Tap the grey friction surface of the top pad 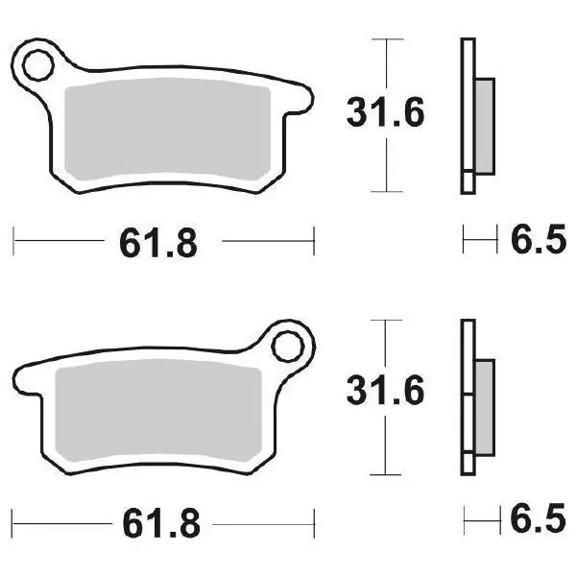pyautogui.click(x=167, y=129)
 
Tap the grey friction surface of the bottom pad pyautogui.click(x=158, y=410)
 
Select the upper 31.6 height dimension pyautogui.click(x=385, y=112)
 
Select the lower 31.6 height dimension pyautogui.click(x=385, y=391)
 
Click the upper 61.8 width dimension pyautogui.click(x=158, y=243)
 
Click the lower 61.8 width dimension pyautogui.click(x=161, y=523)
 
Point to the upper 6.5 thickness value pyautogui.click(x=539, y=239)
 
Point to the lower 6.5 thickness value pyautogui.click(x=538, y=518)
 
